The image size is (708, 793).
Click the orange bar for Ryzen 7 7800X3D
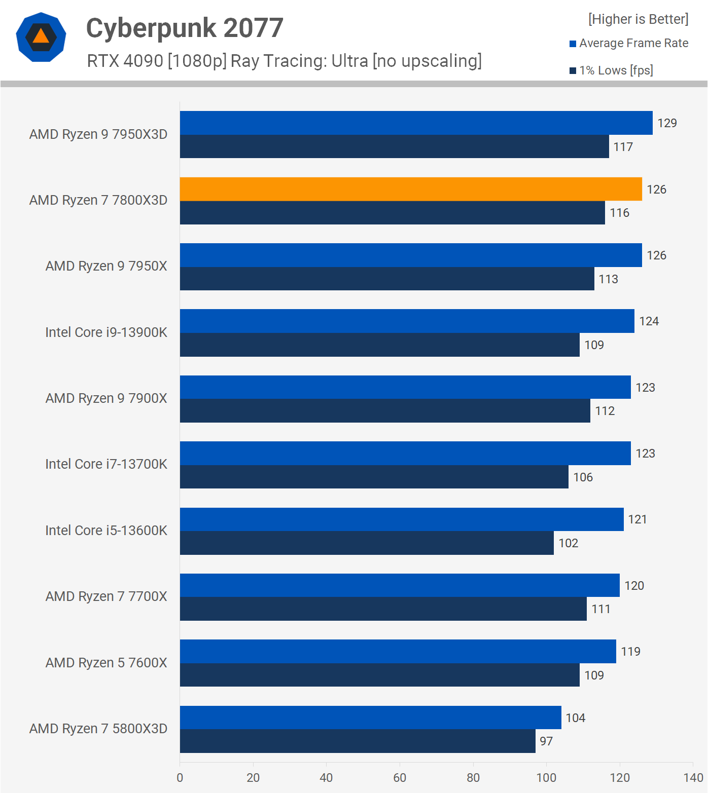pos(411,189)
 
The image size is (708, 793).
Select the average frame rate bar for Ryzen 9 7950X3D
pos(416,123)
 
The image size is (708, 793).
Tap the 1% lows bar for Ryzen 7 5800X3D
pos(358,741)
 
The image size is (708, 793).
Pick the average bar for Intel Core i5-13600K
pos(402,519)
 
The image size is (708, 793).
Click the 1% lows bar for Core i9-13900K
pos(379,345)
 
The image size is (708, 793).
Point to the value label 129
pos(667,123)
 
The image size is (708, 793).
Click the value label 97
pos(546,741)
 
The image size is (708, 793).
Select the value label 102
pos(569,543)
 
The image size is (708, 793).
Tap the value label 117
pos(623,147)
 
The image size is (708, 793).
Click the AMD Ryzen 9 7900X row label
pos(106,398)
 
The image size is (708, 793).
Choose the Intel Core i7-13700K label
pos(106,464)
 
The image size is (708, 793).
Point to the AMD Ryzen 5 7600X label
pos(106,663)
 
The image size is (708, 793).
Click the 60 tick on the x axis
pos(400,778)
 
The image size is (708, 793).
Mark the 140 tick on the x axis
pos(693,778)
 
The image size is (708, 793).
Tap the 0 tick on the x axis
pos(180,778)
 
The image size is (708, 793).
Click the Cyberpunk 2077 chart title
pos(185,28)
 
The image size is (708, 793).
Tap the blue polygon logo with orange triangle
pos(41,37)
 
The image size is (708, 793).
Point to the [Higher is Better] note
pos(638,19)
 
